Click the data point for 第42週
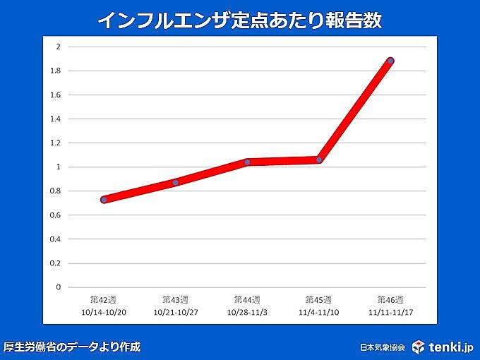coord(104,200)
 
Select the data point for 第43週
coord(176,182)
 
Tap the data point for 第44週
coord(247,162)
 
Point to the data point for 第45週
coord(319,160)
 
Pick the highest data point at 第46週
coord(390,61)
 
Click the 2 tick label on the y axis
coord(59,47)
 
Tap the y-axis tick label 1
coord(59,167)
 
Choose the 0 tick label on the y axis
coord(59,287)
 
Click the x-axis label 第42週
coord(104,299)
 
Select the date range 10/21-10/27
coord(176,311)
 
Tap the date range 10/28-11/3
coord(247,311)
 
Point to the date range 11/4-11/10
coord(319,311)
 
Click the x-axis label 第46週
coord(390,299)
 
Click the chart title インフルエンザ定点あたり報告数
coord(239,20)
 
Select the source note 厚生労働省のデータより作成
coord(72,347)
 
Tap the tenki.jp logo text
coord(450,347)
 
